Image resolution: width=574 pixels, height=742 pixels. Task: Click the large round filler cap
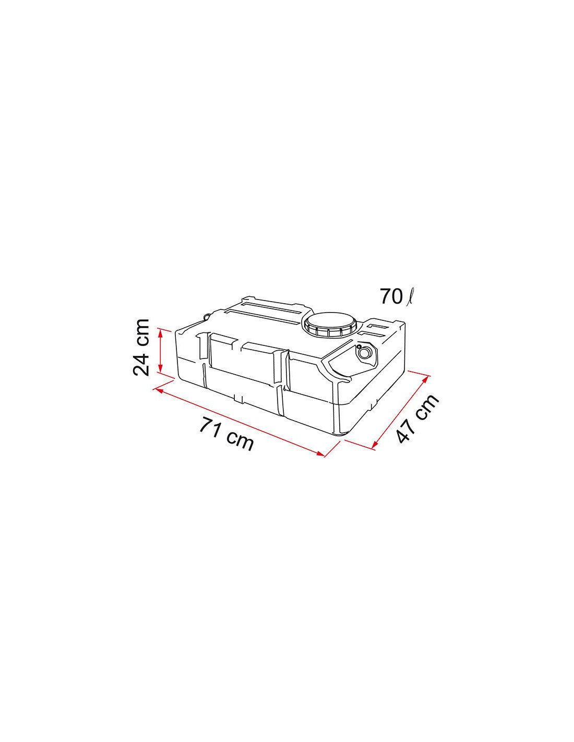point(330,325)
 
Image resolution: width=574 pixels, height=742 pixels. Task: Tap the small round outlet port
point(365,352)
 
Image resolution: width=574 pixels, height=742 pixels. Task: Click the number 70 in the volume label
point(391,296)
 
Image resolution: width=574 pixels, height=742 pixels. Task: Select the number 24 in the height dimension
point(141,362)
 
